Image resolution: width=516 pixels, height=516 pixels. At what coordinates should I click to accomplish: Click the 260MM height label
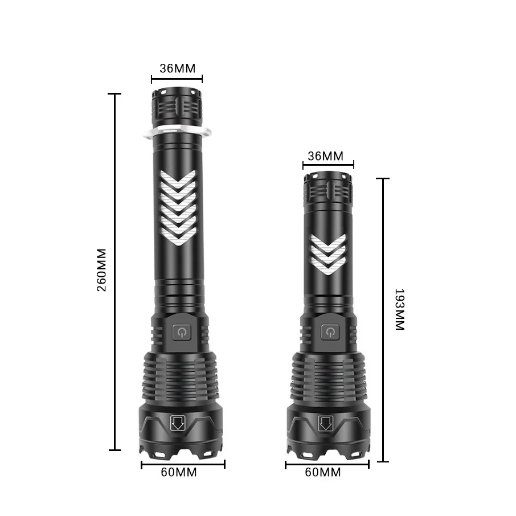click(x=102, y=269)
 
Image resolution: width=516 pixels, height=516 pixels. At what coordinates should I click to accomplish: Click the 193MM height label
click(x=399, y=310)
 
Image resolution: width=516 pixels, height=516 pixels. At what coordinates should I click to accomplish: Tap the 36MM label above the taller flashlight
click(x=177, y=68)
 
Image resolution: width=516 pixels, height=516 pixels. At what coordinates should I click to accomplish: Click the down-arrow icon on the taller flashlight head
click(x=177, y=423)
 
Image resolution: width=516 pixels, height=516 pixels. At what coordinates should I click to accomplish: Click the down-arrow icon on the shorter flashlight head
click(x=326, y=424)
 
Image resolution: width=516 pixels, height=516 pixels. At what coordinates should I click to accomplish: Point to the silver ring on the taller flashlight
click(x=177, y=131)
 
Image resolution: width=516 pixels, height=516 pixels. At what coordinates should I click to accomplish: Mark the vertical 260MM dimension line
click(x=116, y=342)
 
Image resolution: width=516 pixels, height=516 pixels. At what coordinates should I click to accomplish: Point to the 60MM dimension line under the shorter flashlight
click(x=326, y=464)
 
